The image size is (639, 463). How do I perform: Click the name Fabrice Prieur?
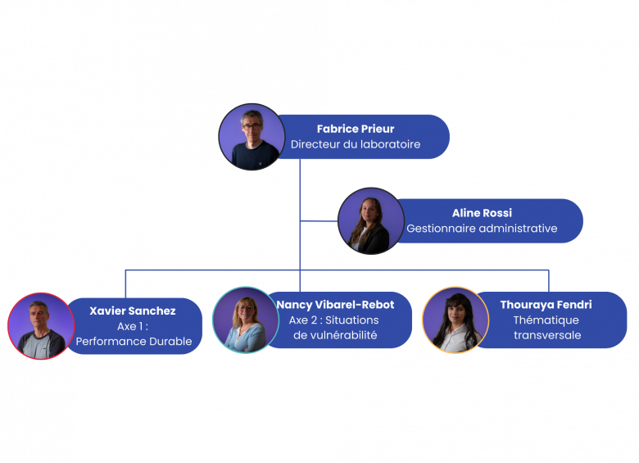coord(356,129)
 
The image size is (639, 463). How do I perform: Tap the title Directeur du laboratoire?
coord(356,144)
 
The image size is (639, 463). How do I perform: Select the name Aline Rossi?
coord(482,213)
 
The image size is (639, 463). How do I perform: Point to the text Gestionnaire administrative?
coord(482,229)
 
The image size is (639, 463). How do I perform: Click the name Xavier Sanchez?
coord(133,311)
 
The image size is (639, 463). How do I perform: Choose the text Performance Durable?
coord(134,341)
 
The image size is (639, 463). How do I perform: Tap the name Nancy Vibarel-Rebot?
coord(335,305)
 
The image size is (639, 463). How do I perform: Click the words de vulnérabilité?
coord(335,335)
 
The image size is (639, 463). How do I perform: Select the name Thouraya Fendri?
coord(546,305)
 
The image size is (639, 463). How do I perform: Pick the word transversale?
coord(546,335)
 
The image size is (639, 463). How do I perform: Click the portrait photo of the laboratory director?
coord(252,137)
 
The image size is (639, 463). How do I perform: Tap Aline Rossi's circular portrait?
coord(370,220)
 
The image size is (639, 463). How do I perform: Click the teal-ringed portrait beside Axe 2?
coord(245,320)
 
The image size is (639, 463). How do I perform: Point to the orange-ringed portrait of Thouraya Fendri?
coord(455,320)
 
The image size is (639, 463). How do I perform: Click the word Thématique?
coord(546,320)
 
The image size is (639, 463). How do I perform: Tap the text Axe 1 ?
coord(133,326)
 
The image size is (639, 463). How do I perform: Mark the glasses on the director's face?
coord(251,127)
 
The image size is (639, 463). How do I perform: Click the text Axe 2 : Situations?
coord(334,320)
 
